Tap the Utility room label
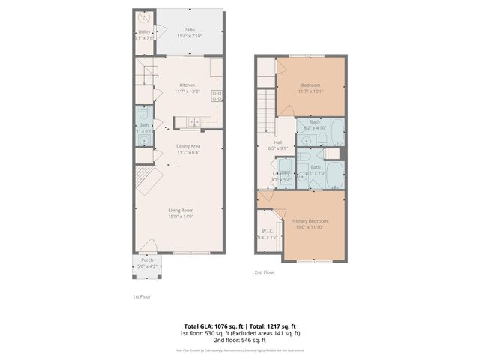click(144, 32)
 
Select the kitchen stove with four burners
click(217, 95)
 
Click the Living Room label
click(180, 210)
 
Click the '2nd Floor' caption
click(263, 272)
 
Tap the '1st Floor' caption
click(141, 297)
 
